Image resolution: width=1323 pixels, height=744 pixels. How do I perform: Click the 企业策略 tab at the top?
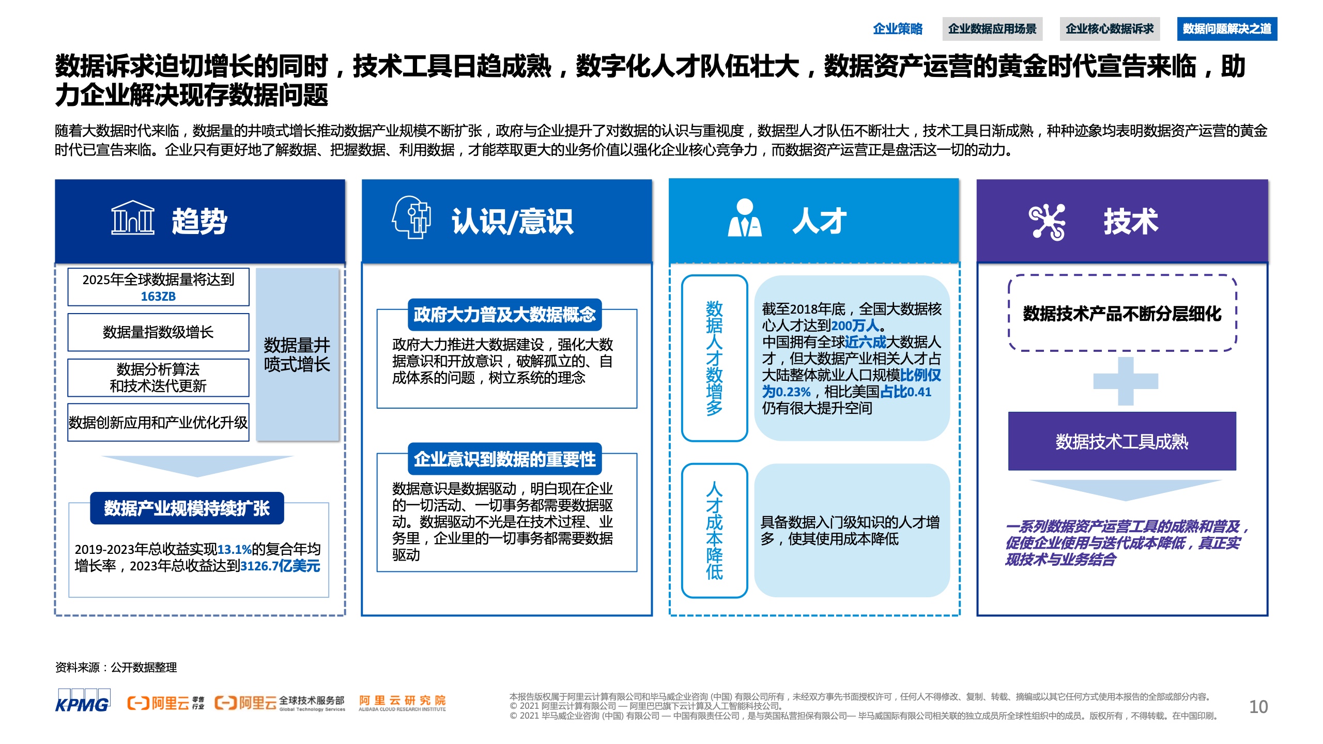click(x=898, y=29)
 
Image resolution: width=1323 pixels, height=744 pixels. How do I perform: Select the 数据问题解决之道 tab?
click(x=1227, y=29)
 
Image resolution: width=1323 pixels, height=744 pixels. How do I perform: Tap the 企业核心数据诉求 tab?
click(x=1110, y=29)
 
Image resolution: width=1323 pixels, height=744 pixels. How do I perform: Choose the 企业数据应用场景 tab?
click(x=992, y=29)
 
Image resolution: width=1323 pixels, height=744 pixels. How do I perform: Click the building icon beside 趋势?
click(x=133, y=218)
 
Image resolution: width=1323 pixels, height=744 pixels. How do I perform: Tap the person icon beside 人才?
click(x=745, y=218)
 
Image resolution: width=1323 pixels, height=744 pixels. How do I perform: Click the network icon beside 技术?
click(x=1047, y=222)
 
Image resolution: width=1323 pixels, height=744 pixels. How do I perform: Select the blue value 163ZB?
click(x=158, y=297)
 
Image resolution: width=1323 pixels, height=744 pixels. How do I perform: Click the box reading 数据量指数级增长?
click(x=158, y=332)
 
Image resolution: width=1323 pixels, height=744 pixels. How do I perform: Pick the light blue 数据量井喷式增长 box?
click(x=297, y=354)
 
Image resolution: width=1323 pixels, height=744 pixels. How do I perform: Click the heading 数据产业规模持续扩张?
click(x=187, y=508)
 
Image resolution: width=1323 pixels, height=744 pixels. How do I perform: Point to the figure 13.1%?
click(x=235, y=550)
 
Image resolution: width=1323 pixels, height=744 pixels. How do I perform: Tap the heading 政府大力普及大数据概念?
click(x=505, y=315)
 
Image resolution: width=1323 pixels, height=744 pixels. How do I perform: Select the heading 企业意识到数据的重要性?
click(x=505, y=459)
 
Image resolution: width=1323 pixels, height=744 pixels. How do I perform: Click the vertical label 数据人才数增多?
click(x=714, y=358)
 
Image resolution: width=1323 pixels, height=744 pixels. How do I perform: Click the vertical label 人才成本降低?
click(x=714, y=531)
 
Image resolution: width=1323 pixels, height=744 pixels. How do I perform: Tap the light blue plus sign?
click(x=1126, y=381)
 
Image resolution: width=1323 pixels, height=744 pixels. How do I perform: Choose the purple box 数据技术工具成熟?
click(x=1122, y=441)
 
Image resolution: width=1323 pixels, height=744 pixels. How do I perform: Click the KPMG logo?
click(x=83, y=701)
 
